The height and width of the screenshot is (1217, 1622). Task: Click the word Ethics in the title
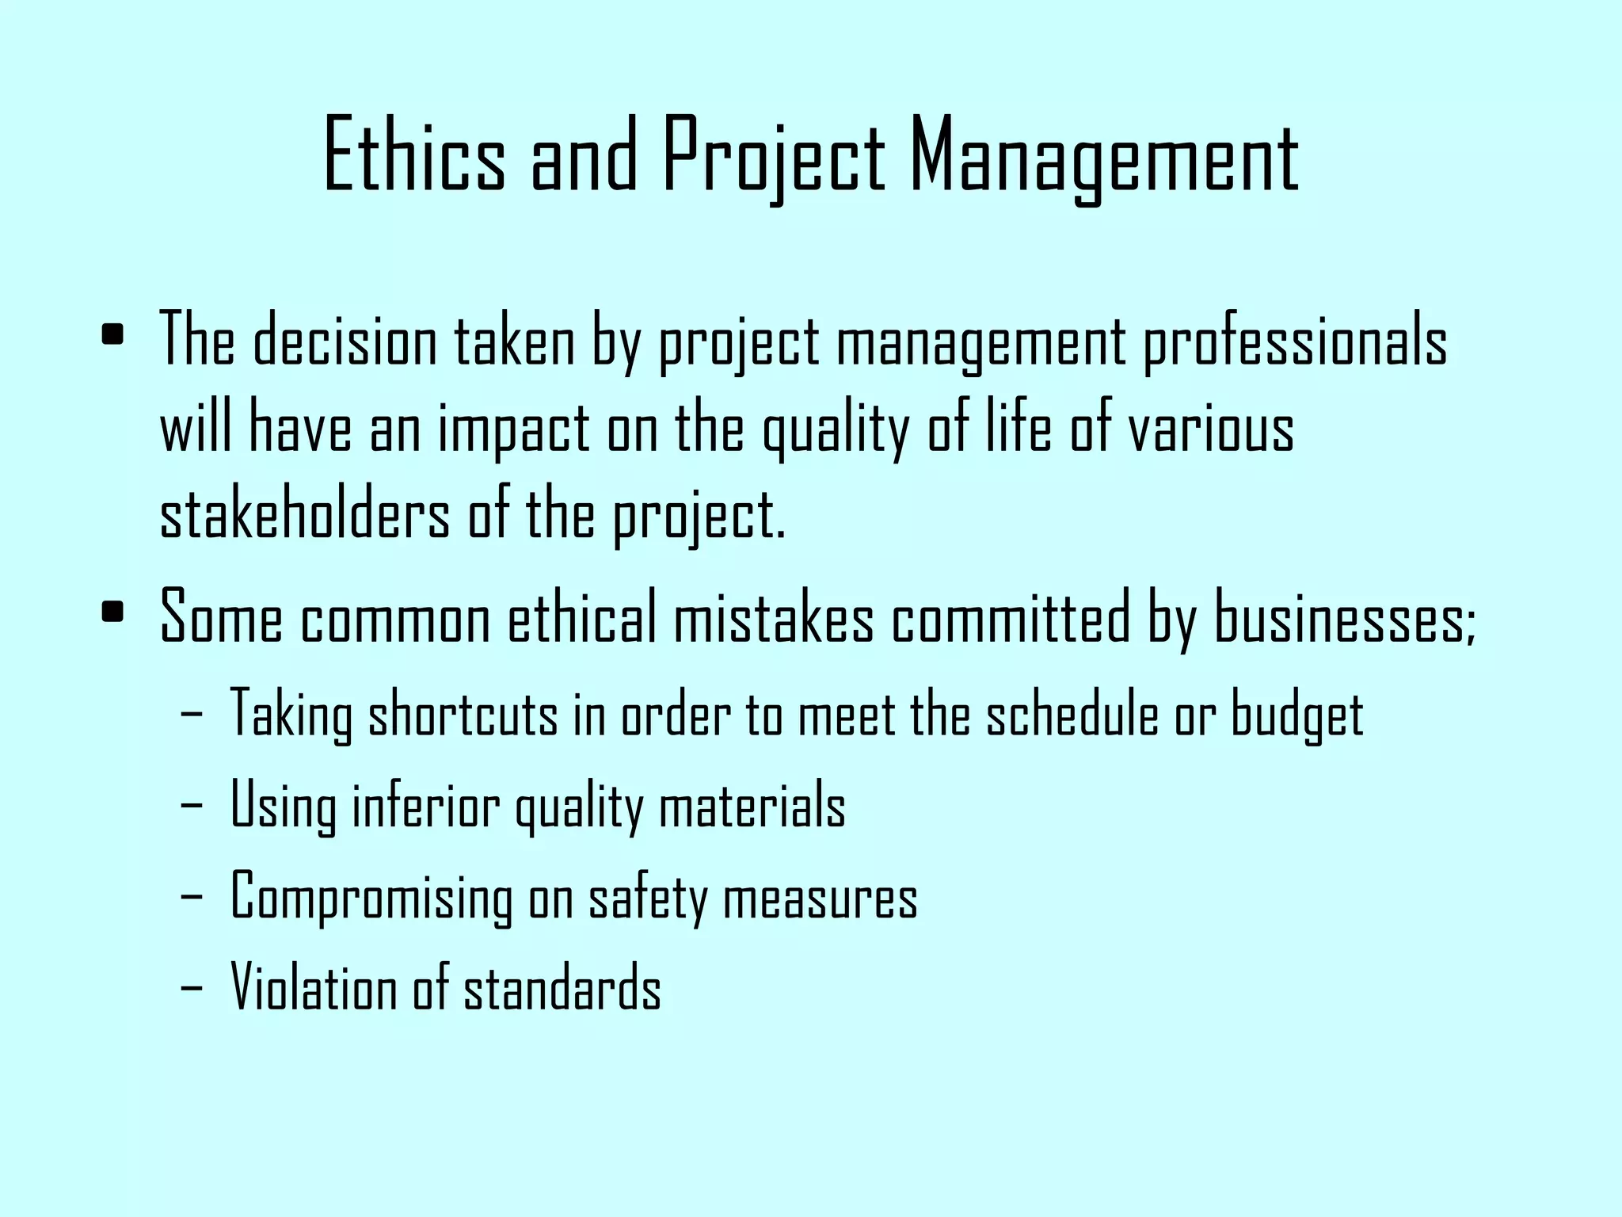tap(414, 155)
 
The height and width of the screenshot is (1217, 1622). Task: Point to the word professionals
tap(1295, 341)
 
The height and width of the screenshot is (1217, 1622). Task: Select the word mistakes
tap(774, 618)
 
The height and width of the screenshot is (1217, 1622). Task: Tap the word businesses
tap(1344, 618)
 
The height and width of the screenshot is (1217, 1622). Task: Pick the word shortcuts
tap(463, 714)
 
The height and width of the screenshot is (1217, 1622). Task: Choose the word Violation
tap(314, 988)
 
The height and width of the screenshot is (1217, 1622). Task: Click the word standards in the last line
tap(562, 988)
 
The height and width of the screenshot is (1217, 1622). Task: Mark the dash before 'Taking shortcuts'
tap(191, 714)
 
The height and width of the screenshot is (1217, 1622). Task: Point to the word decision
tap(345, 341)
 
